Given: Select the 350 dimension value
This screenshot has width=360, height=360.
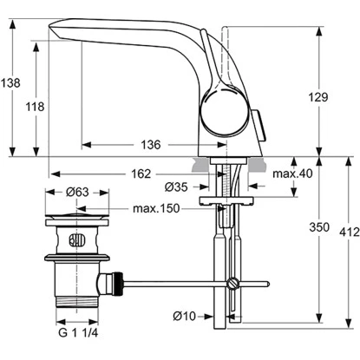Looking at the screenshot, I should (x=319, y=228).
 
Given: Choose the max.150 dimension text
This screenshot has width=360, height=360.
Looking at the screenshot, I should (x=156, y=210).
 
